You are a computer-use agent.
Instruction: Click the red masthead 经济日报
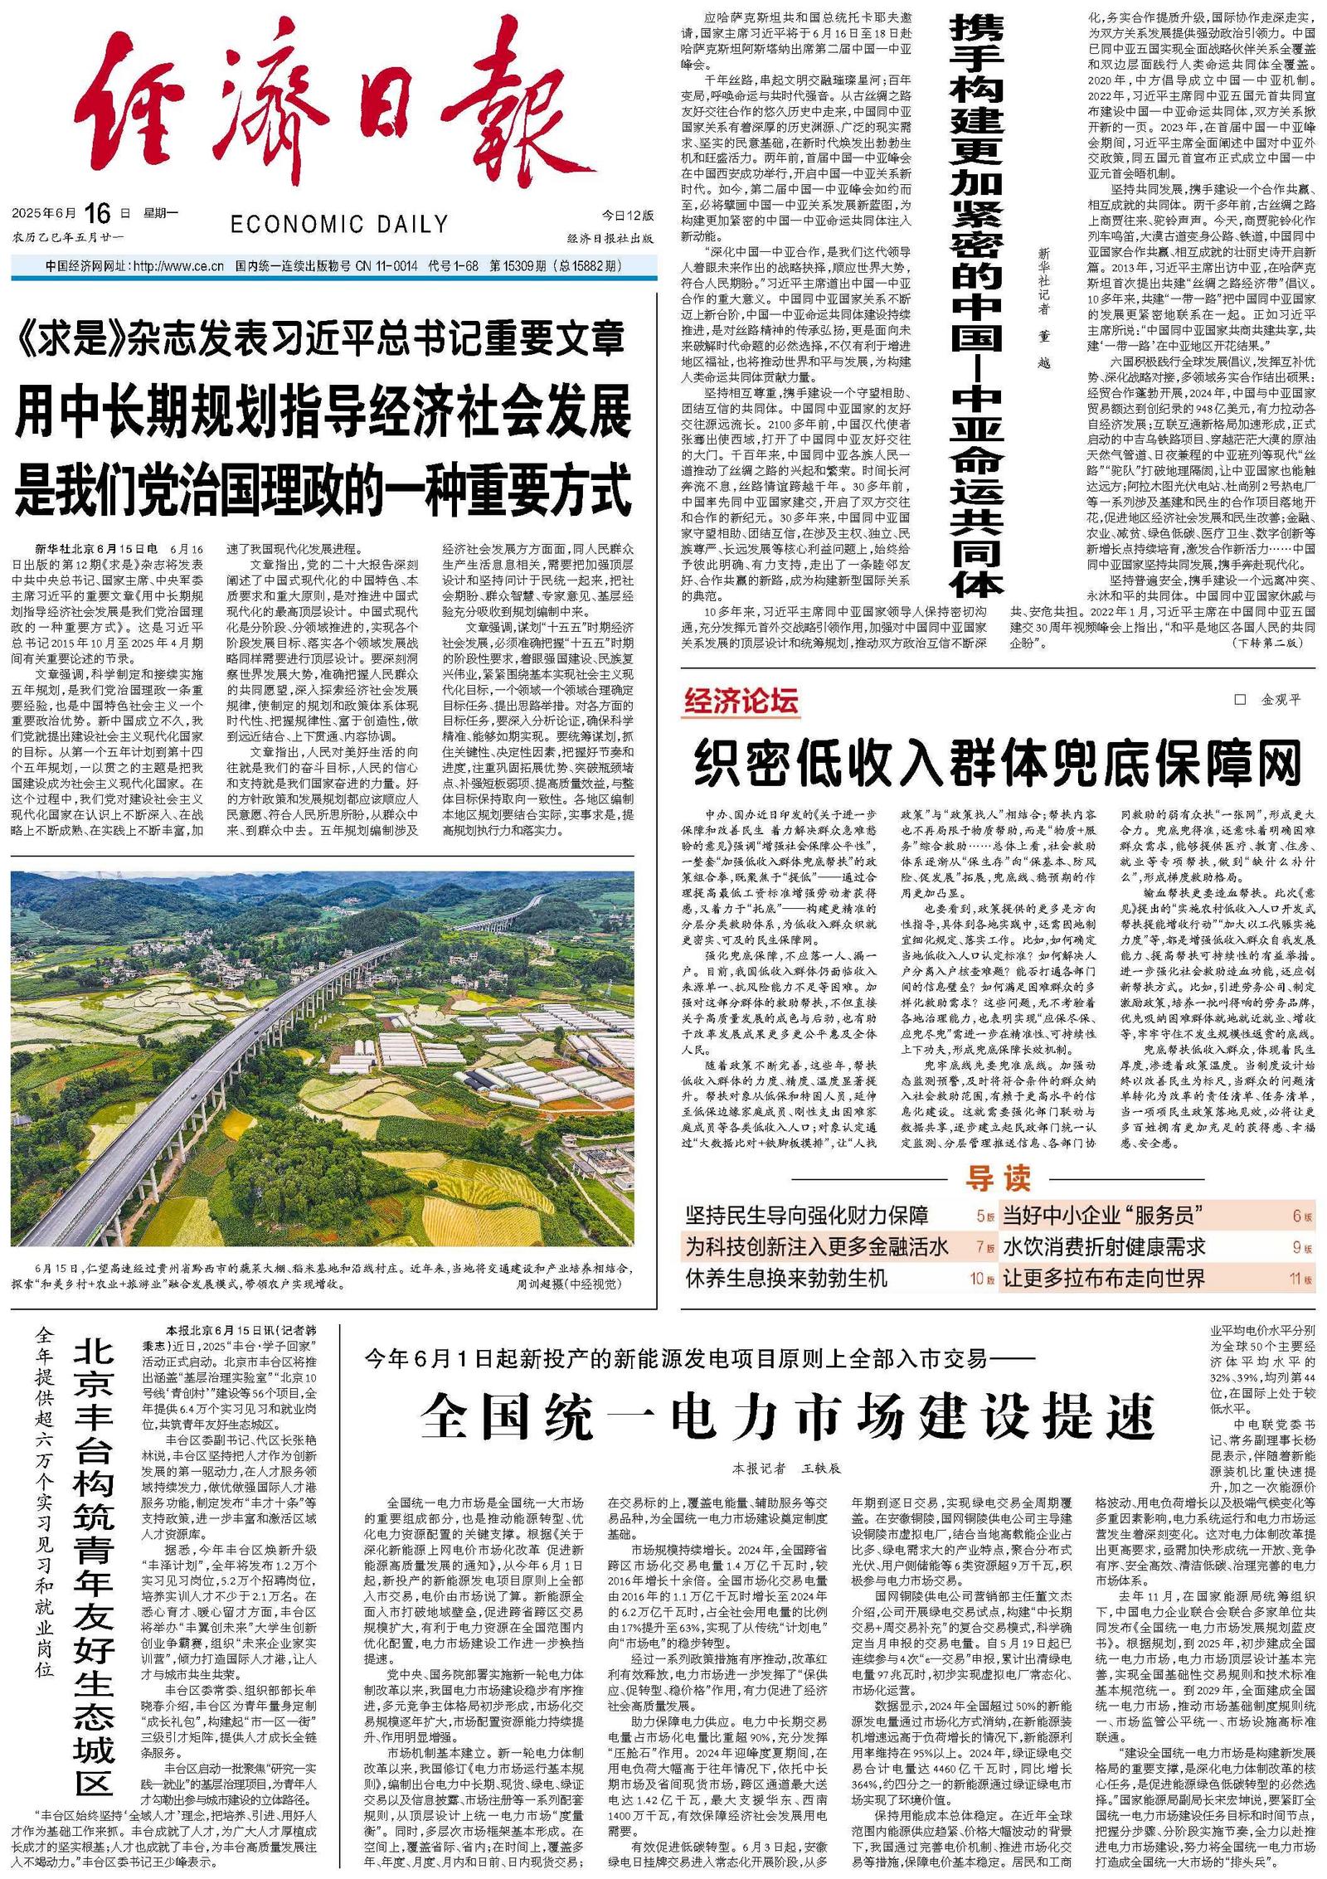332,116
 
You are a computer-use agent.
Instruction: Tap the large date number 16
97,214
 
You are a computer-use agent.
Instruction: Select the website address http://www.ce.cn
178,266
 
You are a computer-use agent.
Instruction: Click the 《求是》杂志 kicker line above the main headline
319,338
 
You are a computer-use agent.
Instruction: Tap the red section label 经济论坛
741,702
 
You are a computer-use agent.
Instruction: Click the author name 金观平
1281,700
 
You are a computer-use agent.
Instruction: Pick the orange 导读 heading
998,1178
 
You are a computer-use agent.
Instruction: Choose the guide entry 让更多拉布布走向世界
1104,1278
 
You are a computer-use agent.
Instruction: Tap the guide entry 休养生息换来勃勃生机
786,1278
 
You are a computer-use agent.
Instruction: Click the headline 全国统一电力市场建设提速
787,1415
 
